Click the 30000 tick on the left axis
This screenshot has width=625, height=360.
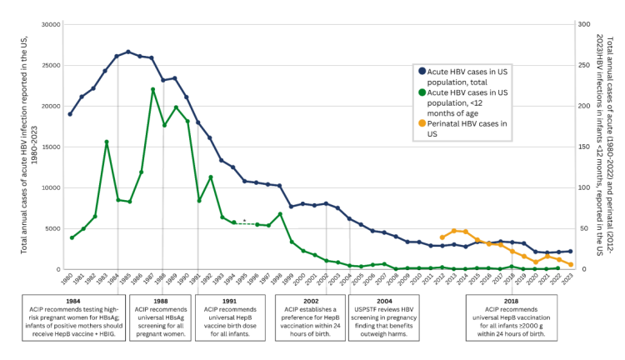(x=50, y=24)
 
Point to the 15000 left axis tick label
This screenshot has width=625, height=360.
(x=50, y=147)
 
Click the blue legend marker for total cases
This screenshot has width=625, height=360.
(x=422, y=72)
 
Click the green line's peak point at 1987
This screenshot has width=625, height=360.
(x=152, y=89)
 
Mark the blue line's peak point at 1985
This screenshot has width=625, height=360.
(x=128, y=52)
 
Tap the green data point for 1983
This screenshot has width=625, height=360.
(x=106, y=142)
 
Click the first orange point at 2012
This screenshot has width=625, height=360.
(x=442, y=237)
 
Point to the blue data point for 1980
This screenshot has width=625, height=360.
(x=70, y=113)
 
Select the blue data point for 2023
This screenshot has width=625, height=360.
(x=570, y=251)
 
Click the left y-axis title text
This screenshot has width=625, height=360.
(x=25, y=147)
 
